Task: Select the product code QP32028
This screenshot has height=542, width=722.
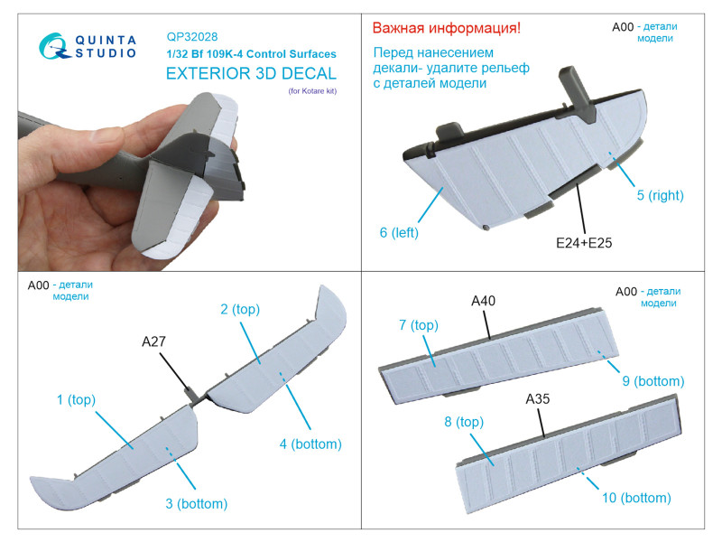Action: (192, 36)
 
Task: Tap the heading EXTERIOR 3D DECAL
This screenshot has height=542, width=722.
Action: (251, 74)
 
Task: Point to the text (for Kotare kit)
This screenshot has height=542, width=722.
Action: (312, 91)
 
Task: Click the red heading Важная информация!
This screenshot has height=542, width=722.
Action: (446, 28)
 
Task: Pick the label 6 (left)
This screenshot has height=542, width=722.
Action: (399, 232)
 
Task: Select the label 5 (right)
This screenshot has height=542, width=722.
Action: (660, 195)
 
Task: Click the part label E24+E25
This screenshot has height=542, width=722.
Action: (584, 243)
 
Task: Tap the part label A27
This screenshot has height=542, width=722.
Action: (153, 341)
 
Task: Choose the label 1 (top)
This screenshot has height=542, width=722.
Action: (76, 399)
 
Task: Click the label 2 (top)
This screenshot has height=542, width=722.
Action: (240, 309)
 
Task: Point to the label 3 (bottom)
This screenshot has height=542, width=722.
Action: (197, 503)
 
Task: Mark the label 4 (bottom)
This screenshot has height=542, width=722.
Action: (310, 444)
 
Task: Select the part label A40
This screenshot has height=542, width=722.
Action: (483, 301)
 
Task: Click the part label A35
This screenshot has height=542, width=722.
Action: (537, 399)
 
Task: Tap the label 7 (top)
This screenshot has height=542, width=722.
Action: (419, 325)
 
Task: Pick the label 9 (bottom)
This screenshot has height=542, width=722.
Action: (653, 381)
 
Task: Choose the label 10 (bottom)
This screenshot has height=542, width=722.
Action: (636, 498)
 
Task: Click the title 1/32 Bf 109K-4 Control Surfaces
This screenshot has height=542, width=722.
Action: (252, 54)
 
